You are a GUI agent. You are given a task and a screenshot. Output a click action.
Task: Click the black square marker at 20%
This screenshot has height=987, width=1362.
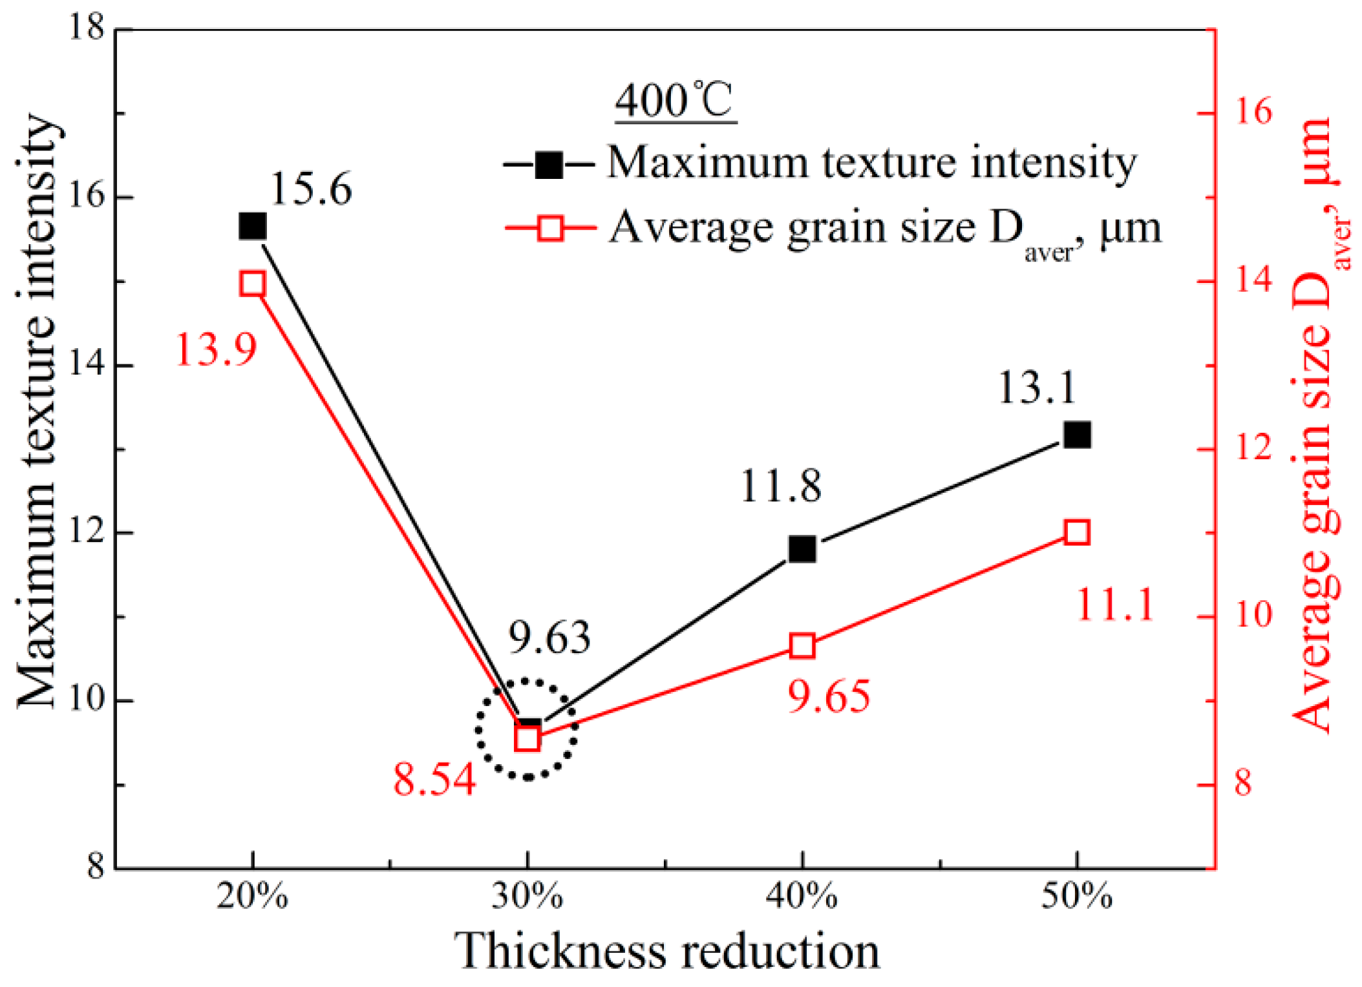(x=253, y=227)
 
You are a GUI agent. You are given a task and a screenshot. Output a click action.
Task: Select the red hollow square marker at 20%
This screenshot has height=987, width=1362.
(x=253, y=284)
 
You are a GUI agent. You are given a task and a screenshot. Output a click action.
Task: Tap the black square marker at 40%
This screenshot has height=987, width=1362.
(x=802, y=549)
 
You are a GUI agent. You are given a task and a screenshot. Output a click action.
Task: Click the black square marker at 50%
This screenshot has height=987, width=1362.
(x=1077, y=435)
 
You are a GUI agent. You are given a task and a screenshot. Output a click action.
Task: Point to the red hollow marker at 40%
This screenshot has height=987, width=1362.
(x=802, y=646)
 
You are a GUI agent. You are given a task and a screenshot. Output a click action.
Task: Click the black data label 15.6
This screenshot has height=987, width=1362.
(x=311, y=189)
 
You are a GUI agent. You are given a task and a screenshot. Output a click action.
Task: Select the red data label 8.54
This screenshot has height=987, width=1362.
(x=434, y=779)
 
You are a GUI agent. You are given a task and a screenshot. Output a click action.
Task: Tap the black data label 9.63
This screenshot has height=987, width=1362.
(x=549, y=638)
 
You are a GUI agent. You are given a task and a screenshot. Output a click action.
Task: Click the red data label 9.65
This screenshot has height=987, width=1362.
(x=829, y=696)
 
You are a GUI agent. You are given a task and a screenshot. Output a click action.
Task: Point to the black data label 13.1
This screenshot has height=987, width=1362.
(x=1037, y=388)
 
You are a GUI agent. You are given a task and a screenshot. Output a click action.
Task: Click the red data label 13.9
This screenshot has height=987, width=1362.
(x=216, y=350)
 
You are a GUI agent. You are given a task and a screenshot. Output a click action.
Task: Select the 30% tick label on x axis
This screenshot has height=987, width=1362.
(x=527, y=897)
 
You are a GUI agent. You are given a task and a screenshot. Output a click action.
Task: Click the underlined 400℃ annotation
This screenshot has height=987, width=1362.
(x=674, y=101)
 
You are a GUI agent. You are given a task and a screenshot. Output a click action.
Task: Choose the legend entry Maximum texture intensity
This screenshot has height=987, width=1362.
(x=871, y=162)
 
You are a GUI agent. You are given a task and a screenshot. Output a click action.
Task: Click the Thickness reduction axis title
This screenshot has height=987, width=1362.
(x=666, y=951)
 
